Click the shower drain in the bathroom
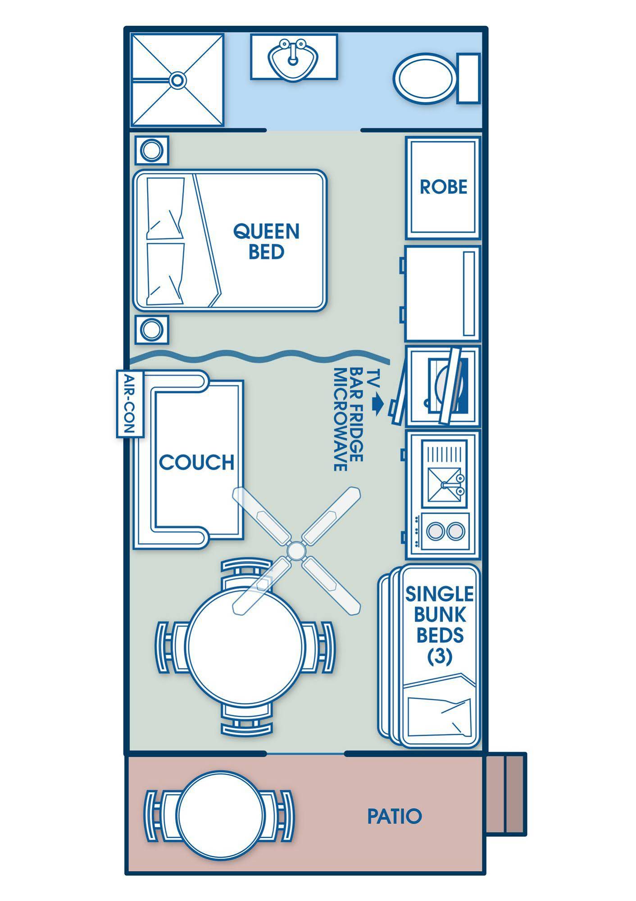pos(177,81)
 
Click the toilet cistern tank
pos(468,78)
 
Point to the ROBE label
pos(444,187)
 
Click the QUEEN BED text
pos(266,241)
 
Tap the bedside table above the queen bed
pos(152,150)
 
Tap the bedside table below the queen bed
pos(152,330)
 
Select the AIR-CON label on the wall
pos(130,404)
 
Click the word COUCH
pos(197,462)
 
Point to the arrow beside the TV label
pos(377,403)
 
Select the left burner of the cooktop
pos(435,531)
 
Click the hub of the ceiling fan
pos(295,550)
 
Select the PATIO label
pos(395,816)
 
